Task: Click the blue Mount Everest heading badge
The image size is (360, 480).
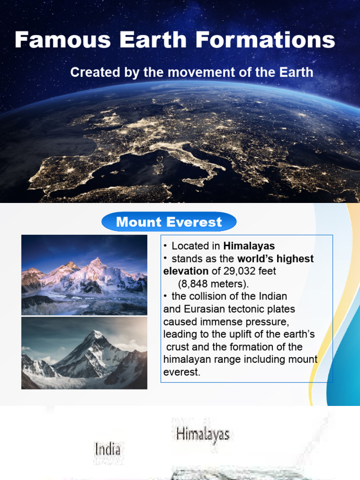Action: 169,222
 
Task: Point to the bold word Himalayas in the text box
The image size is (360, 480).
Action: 249,246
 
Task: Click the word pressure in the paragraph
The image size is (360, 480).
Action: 270,322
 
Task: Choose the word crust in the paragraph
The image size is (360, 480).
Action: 179,347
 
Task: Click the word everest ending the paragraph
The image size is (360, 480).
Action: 182,372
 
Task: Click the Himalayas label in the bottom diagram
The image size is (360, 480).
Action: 202,434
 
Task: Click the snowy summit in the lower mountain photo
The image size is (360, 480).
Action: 97,335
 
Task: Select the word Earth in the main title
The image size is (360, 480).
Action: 154,40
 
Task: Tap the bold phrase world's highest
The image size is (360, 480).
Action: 276,259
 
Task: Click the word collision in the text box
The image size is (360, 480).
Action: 206,296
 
